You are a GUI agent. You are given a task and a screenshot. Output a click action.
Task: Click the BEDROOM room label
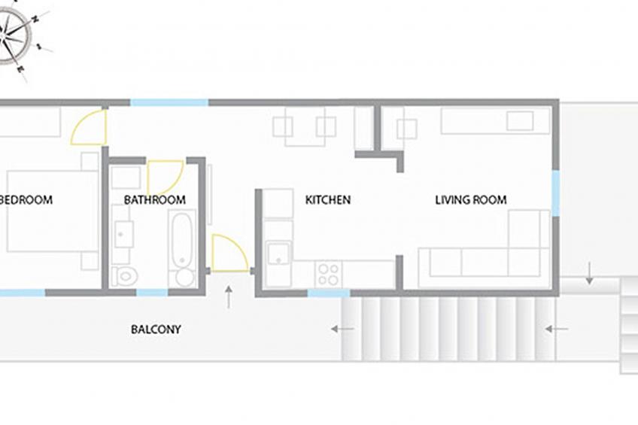tap(26, 200)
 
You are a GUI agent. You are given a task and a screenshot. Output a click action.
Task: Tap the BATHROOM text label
tap(155, 200)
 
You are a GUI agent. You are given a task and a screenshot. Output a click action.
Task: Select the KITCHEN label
tap(328, 200)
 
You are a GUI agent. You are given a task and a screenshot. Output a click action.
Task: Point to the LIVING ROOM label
tap(471, 200)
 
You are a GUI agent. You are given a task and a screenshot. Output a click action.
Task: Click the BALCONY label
tap(156, 329)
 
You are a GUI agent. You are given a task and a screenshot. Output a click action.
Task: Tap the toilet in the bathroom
tap(125, 277)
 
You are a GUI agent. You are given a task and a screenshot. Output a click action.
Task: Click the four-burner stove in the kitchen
tap(328, 274)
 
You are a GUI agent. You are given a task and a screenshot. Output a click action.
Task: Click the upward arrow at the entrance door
tap(229, 297)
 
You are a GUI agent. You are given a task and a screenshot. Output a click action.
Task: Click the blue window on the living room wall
tap(555, 193)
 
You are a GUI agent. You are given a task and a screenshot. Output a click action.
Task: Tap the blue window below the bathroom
tap(152, 293)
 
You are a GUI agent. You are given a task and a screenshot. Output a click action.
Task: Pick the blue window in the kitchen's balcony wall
tap(329, 293)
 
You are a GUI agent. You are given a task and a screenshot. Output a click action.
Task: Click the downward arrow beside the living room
tap(589, 273)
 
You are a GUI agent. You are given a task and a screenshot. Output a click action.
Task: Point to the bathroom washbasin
tap(123, 234)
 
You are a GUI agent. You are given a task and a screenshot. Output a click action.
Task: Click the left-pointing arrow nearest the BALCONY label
tap(342, 329)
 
